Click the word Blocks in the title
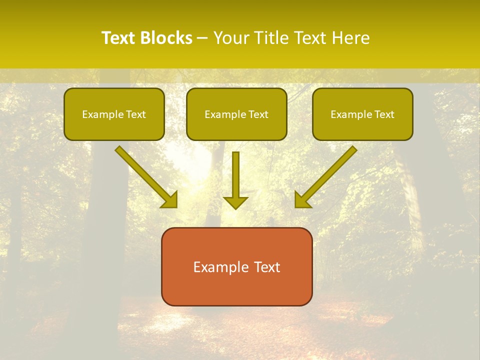[167, 38]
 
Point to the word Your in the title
[231, 38]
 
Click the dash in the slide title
[202, 38]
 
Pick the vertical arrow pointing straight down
[235, 177]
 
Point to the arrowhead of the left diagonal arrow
[170, 200]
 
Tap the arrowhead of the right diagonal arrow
[302, 200]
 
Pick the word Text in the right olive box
[384, 114]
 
